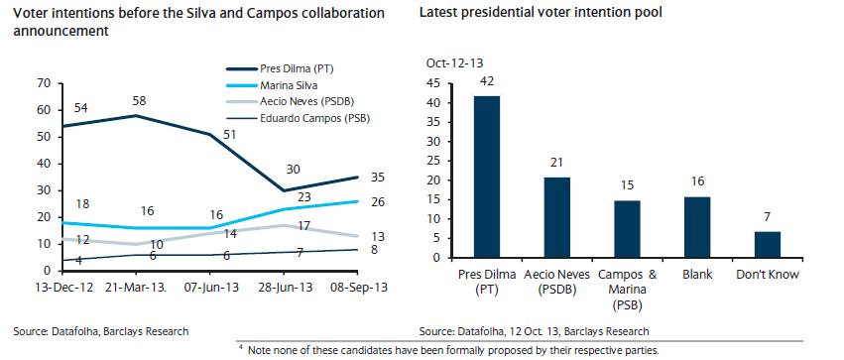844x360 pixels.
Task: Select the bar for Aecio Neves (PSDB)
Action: click(x=557, y=217)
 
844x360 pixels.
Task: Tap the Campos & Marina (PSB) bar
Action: click(x=627, y=229)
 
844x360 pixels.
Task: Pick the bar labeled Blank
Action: click(x=697, y=227)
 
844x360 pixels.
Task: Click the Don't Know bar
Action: click(x=767, y=245)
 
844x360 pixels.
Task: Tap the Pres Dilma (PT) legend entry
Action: click(x=293, y=69)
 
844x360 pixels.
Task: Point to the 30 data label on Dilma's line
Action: click(x=294, y=170)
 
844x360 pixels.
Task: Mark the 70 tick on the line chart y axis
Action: click(x=43, y=83)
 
